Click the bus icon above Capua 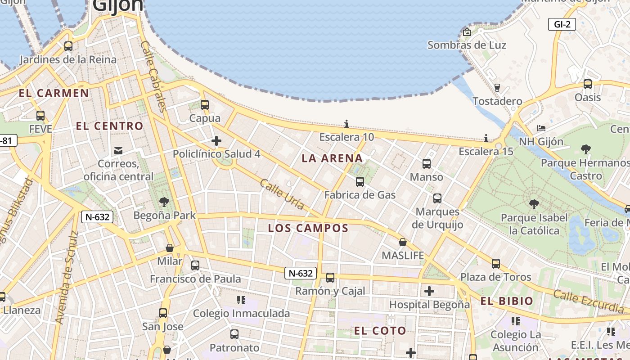[x=205, y=105]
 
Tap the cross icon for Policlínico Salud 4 [x=216, y=141]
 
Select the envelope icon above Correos [x=118, y=151]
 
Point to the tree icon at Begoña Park [x=164, y=202]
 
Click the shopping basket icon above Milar [x=170, y=248]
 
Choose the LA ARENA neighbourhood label [x=332, y=158]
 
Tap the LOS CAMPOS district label [x=308, y=228]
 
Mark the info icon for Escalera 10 [x=346, y=124]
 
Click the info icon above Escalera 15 [x=486, y=138]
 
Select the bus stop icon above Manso [x=427, y=164]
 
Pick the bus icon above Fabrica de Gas [x=360, y=182]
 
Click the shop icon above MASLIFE [x=403, y=243]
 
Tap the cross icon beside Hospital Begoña [x=429, y=291]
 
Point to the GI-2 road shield [x=562, y=24]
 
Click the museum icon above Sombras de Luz [x=467, y=32]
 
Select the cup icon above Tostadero [x=497, y=87]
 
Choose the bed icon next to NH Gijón [x=541, y=129]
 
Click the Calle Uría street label [x=282, y=194]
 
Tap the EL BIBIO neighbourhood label [x=507, y=301]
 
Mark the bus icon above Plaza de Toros [x=496, y=264]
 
